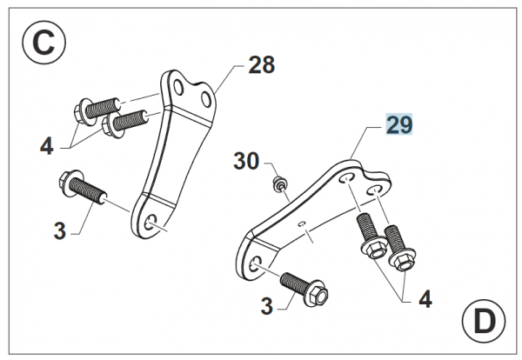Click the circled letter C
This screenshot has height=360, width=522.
[x=44, y=43]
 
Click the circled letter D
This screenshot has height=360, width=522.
[x=484, y=321]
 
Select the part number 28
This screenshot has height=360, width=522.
[x=262, y=65]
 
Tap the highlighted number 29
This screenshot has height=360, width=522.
[x=399, y=124]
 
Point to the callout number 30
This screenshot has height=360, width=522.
[x=246, y=161]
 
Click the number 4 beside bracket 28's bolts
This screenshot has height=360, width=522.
[x=47, y=146]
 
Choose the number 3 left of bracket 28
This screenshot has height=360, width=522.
[x=60, y=231]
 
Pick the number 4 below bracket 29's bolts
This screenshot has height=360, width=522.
[x=425, y=299]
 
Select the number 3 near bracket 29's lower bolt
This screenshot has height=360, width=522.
[x=267, y=306]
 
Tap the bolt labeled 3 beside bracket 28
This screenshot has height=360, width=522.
[x=83, y=187]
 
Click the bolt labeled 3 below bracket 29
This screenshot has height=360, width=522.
[x=304, y=289]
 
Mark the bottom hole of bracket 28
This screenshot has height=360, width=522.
[x=151, y=222]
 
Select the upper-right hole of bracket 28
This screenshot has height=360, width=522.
[x=206, y=99]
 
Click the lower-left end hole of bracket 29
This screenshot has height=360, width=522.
[x=257, y=263]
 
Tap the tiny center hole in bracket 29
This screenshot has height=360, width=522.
[x=303, y=223]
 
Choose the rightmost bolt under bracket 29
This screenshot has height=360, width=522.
[x=400, y=249]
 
